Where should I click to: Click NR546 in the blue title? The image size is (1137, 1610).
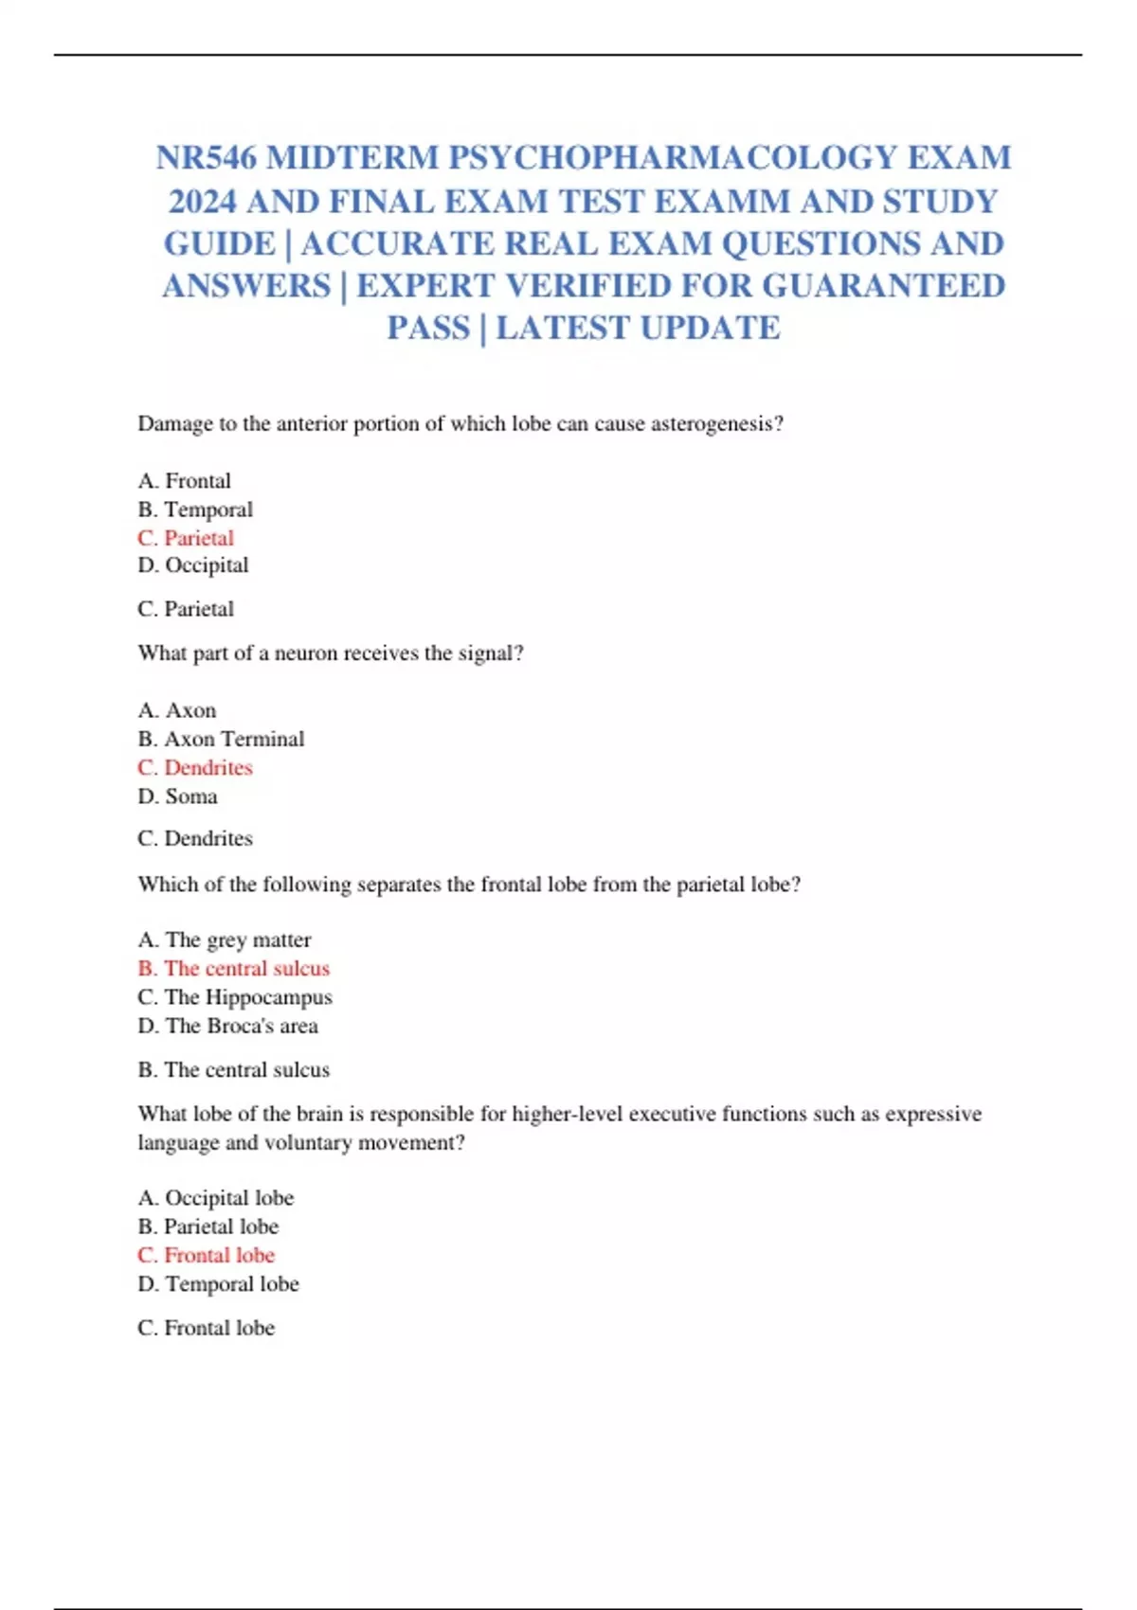click(207, 157)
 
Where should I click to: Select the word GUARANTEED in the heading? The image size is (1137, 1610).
click(883, 286)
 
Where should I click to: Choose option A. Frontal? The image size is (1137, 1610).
click(185, 481)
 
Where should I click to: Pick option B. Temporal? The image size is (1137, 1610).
click(195, 510)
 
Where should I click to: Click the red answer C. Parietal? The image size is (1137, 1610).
click(186, 538)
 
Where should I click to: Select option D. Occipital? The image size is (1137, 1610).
click(193, 565)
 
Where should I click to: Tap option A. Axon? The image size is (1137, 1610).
click(177, 710)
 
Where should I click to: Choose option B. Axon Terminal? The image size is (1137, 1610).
click(221, 739)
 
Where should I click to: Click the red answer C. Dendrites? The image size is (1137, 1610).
click(195, 767)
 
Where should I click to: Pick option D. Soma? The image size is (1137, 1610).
click(177, 796)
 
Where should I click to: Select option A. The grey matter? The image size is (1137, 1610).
click(225, 939)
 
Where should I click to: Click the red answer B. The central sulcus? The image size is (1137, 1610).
click(234, 968)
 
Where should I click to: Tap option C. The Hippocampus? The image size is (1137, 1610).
click(235, 997)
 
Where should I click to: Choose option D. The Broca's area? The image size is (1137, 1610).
click(228, 1026)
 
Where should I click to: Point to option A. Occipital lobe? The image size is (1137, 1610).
click(216, 1198)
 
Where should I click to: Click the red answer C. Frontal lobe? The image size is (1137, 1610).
click(207, 1255)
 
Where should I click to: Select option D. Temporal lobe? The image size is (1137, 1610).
click(219, 1284)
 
